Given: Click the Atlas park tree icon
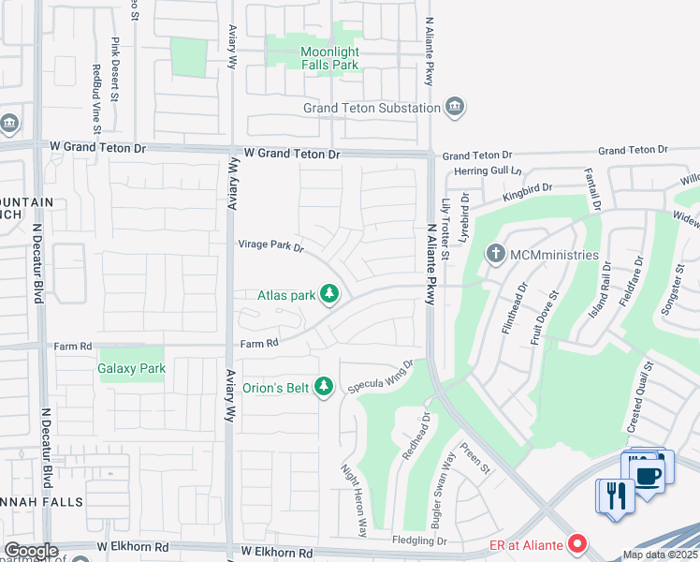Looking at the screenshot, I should point(328,295).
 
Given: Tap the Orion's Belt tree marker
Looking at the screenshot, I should point(324,386).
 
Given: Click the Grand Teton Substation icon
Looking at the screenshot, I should point(455,108).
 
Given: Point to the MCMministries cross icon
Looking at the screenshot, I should point(495,254).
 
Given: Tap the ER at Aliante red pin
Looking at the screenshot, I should point(578,543).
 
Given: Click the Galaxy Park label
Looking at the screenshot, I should point(132,368).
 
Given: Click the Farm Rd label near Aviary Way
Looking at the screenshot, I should point(259,344).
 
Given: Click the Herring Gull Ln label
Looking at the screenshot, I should point(478,170).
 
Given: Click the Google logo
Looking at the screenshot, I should point(31,551).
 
